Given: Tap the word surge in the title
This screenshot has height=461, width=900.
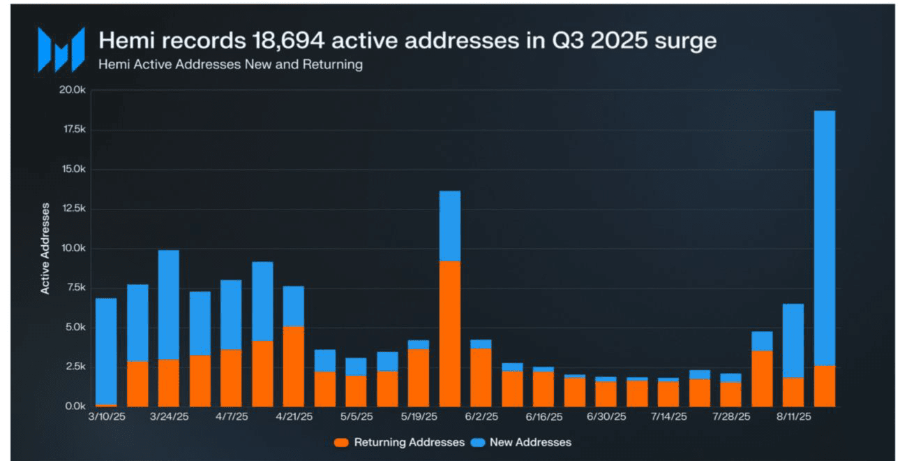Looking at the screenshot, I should [x=684, y=41].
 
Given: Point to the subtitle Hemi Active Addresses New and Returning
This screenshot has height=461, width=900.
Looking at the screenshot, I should [x=230, y=65].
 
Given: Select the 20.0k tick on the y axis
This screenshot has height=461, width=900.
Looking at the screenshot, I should [x=71, y=90].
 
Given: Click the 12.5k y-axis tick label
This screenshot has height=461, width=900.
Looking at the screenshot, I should [x=71, y=209].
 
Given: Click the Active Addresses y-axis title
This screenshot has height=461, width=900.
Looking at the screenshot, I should [x=45, y=249].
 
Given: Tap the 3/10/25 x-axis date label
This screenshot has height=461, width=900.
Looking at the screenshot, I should [x=106, y=417].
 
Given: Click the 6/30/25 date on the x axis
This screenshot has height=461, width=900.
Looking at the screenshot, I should [x=606, y=417].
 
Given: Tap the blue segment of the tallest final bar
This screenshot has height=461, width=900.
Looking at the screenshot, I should [x=824, y=237].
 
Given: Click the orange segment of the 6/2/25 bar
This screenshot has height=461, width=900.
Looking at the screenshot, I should [x=481, y=377].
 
